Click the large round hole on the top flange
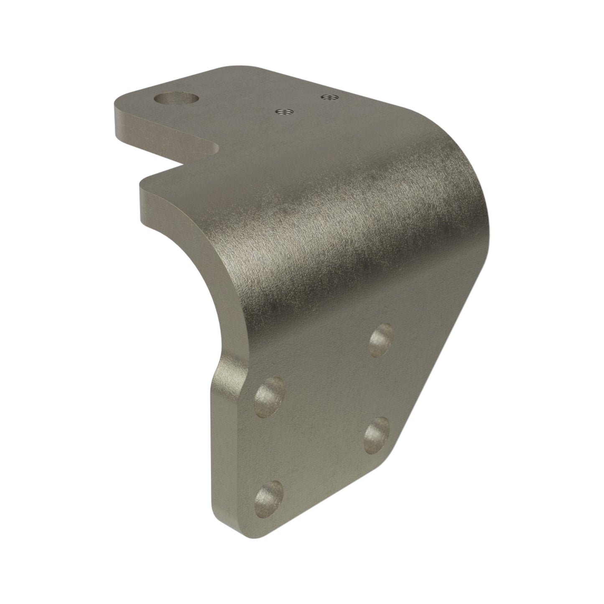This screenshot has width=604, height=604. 176,99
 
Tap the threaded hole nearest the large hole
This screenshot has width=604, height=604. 285,112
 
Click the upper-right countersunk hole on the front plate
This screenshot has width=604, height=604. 382,339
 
